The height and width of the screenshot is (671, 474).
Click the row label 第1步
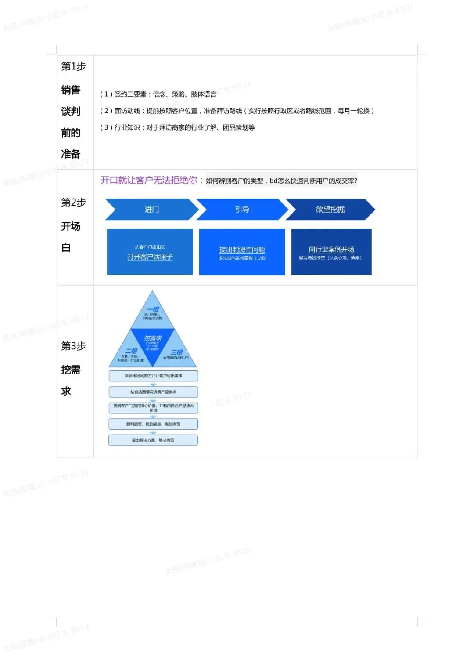point(73,66)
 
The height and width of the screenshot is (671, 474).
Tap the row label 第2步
point(73,203)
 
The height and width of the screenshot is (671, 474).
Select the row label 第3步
point(73,346)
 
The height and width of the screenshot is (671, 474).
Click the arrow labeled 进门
point(152,210)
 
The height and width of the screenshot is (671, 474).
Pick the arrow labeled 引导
point(242,210)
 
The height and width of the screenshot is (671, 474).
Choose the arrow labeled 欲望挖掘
point(330,210)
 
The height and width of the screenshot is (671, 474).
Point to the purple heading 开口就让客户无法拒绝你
point(149,180)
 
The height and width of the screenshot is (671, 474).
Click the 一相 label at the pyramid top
point(153,310)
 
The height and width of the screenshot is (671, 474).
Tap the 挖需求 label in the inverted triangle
point(153,338)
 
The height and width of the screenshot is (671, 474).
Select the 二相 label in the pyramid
point(131,351)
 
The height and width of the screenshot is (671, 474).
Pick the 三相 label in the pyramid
point(176,352)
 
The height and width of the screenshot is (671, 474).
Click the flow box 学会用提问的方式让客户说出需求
point(153,376)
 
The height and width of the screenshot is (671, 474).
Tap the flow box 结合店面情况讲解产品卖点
point(153,392)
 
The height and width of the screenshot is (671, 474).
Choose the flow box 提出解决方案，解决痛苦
point(153,440)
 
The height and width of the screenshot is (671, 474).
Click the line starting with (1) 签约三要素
point(158,94)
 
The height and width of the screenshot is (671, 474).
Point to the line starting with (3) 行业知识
point(177,127)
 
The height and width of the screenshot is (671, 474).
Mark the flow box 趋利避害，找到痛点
point(153,424)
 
